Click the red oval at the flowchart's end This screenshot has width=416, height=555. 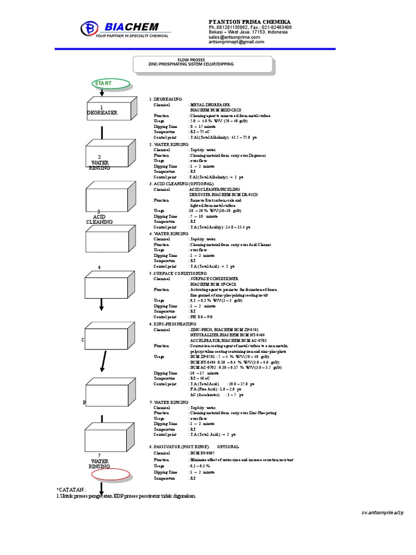tap(110, 475)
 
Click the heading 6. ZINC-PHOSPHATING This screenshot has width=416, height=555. tap(173, 324)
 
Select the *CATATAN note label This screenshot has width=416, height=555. tap(70, 489)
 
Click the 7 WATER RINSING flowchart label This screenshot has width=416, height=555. tap(100, 461)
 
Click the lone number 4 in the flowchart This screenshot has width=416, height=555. tap(100, 268)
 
